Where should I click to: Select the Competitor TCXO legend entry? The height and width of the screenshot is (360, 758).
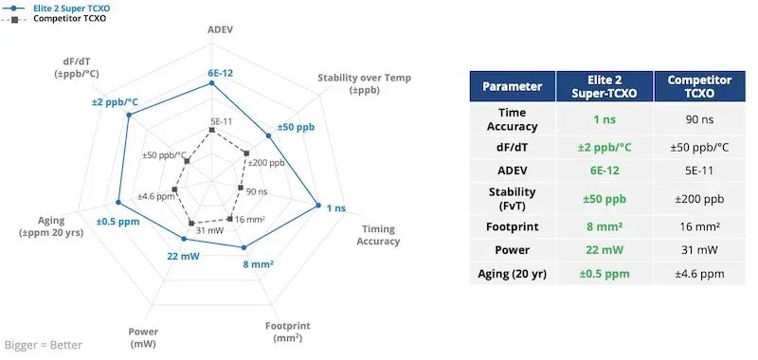53,19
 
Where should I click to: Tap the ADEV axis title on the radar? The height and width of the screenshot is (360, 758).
221,29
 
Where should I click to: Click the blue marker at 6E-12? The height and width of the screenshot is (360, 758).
211,83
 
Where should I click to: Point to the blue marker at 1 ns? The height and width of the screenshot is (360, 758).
318,205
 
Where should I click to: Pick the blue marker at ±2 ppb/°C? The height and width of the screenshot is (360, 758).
129,115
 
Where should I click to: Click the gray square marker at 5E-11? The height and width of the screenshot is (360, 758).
211,130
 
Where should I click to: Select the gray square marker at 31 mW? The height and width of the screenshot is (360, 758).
191,224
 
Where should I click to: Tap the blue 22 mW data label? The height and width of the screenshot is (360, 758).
183,256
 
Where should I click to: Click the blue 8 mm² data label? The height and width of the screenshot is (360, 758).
258,264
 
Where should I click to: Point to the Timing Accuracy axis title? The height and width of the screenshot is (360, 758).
378,235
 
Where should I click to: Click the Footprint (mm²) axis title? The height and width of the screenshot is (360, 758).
288,332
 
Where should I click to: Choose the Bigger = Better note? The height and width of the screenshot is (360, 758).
44,345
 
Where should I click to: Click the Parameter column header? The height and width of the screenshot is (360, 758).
512,86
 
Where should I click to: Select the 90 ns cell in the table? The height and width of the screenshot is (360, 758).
699,119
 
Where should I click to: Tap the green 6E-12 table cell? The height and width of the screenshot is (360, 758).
605,171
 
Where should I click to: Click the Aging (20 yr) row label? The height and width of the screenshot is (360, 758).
512,274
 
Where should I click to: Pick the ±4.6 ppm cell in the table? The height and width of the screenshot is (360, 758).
699,274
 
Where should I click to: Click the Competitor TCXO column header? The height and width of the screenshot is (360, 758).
699,86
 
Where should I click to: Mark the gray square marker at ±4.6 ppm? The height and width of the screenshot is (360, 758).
174,189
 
